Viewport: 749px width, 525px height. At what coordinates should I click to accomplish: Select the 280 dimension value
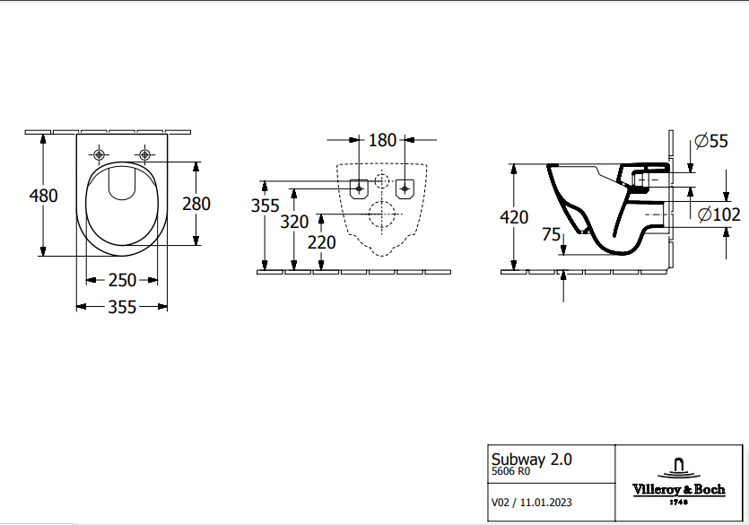[x=196, y=204]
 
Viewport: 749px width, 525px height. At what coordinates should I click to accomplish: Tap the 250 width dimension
[x=123, y=280]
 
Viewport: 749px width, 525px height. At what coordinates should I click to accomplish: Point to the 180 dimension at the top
[x=382, y=140]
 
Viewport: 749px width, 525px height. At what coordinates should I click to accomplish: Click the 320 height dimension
[x=294, y=222]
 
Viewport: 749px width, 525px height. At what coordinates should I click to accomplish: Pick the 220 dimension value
[x=321, y=242]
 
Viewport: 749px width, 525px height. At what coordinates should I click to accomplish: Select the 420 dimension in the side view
[x=514, y=217]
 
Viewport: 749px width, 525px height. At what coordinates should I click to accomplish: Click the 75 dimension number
[x=552, y=234]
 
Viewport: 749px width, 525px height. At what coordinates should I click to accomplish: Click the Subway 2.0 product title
[x=530, y=459]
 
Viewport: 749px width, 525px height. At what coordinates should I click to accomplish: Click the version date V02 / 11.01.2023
[x=532, y=503]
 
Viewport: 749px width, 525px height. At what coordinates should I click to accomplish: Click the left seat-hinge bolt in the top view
[x=99, y=153]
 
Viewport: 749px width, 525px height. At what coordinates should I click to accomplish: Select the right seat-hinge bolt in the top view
[x=144, y=153]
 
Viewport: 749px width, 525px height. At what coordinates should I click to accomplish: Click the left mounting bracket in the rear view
[x=359, y=188]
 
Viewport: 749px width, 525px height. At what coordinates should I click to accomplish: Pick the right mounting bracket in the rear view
[x=405, y=188]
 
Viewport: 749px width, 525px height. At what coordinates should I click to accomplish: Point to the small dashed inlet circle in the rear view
[x=382, y=180]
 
